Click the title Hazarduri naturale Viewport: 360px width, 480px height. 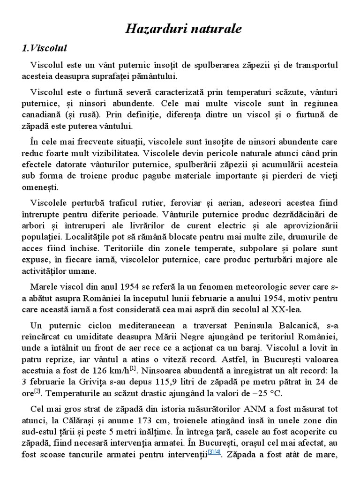[183, 29]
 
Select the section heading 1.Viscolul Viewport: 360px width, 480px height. [45, 49]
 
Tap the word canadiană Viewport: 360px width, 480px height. [44, 114]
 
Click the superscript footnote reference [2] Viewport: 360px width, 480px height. [37, 390]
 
